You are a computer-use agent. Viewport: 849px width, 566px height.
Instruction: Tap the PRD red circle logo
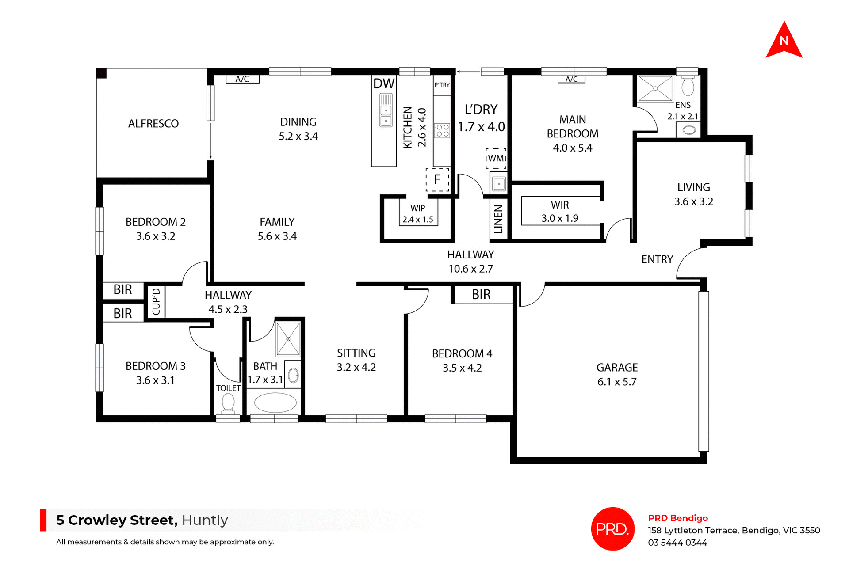pyautogui.click(x=612, y=528)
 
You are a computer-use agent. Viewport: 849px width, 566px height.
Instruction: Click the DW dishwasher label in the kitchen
pyautogui.click(x=383, y=84)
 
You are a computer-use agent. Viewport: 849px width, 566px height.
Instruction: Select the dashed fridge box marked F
pyautogui.click(x=437, y=179)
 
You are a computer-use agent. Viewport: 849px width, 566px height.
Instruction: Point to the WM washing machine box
pyautogui.click(x=496, y=159)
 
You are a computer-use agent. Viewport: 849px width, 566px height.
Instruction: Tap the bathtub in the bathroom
pyautogui.click(x=275, y=403)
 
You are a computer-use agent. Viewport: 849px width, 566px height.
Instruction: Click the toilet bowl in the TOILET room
pyautogui.click(x=228, y=403)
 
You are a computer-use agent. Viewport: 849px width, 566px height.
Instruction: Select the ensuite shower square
pyautogui.click(x=655, y=88)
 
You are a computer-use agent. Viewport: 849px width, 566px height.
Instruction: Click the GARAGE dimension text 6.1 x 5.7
pyautogui.click(x=617, y=382)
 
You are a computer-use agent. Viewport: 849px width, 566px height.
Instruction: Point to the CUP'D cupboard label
pyautogui.click(x=156, y=302)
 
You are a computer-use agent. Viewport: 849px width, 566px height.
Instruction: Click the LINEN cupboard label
pyautogui.click(x=498, y=220)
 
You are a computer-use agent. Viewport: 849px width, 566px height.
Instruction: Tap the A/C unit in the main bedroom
pyautogui.click(x=571, y=79)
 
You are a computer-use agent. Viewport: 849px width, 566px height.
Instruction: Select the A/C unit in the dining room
pyautogui.click(x=242, y=79)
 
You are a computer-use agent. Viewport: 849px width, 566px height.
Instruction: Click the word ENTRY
pyautogui.click(x=657, y=259)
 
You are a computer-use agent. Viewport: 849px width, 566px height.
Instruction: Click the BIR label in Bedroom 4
pyautogui.click(x=481, y=295)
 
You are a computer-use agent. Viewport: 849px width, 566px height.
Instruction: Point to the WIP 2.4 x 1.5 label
pyautogui.click(x=418, y=214)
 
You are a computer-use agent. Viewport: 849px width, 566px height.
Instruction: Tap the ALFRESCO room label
pyautogui.click(x=153, y=124)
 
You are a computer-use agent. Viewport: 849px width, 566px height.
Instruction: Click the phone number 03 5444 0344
pyautogui.click(x=677, y=543)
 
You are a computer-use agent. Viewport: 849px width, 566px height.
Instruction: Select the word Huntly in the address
pyautogui.click(x=205, y=520)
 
